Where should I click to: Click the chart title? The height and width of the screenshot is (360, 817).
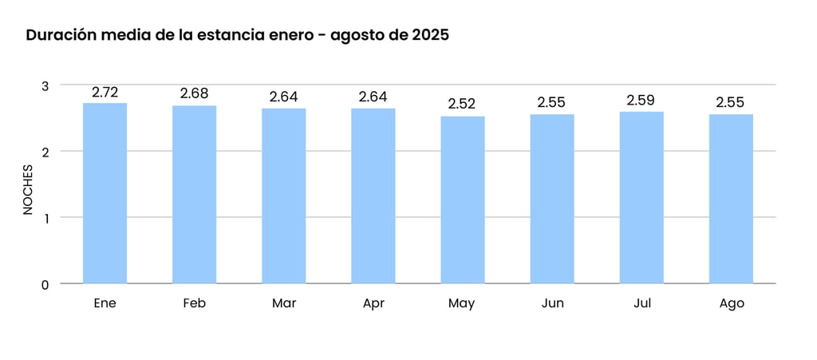point(237,36)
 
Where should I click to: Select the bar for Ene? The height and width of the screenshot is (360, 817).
point(105,193)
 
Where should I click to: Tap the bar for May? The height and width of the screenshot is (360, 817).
point(462,200)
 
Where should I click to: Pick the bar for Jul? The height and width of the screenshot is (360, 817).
point(641,197)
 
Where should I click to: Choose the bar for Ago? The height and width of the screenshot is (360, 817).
point(731,199)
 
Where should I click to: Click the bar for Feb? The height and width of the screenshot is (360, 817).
point(194,195)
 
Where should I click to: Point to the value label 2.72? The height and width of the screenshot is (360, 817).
point(105,93)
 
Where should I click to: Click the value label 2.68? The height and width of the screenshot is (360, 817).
point(194,94)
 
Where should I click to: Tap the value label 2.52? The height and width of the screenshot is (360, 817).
point(462,105)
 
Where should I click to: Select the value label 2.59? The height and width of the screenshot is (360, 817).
point(641,101)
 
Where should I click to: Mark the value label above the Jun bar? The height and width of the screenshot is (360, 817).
point(551,103)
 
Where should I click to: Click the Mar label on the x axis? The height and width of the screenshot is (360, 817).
point(283,303)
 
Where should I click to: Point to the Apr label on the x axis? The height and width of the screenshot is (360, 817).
point(373,303)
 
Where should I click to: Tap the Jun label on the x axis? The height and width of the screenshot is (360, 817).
point(551,303)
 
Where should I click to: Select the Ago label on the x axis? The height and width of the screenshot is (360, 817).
point(731,303)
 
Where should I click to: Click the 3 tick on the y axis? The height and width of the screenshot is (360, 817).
point(45,85)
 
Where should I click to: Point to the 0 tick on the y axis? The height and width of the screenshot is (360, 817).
point(45,284)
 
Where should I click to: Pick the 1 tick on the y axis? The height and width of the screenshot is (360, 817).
point(45,218)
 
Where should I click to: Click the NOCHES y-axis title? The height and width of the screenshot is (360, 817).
point(28,189)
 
